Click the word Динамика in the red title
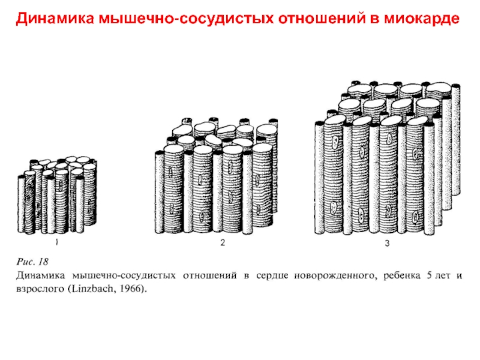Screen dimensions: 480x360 point(55,19)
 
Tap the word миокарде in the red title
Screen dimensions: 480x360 point(422,19)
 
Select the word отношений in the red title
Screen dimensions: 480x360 point(322,19)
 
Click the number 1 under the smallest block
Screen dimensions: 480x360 point(56,242)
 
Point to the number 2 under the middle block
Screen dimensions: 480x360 point(223,243)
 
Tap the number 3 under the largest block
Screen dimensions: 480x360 point(387,244)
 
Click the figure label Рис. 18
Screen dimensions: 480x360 point(32,262)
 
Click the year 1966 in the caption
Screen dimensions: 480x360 point(129,289)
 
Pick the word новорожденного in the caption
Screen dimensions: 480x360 point(334,276)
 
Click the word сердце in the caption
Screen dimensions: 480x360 point(272,276)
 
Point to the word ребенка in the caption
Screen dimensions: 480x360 point(401,275)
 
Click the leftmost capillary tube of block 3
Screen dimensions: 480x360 point(319,178)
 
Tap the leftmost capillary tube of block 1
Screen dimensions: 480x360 point(21,203)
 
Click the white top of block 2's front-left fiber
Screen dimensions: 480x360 point(174,149)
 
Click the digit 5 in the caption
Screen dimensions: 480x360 point(429,275)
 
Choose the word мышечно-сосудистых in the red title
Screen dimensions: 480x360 point(186,19)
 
